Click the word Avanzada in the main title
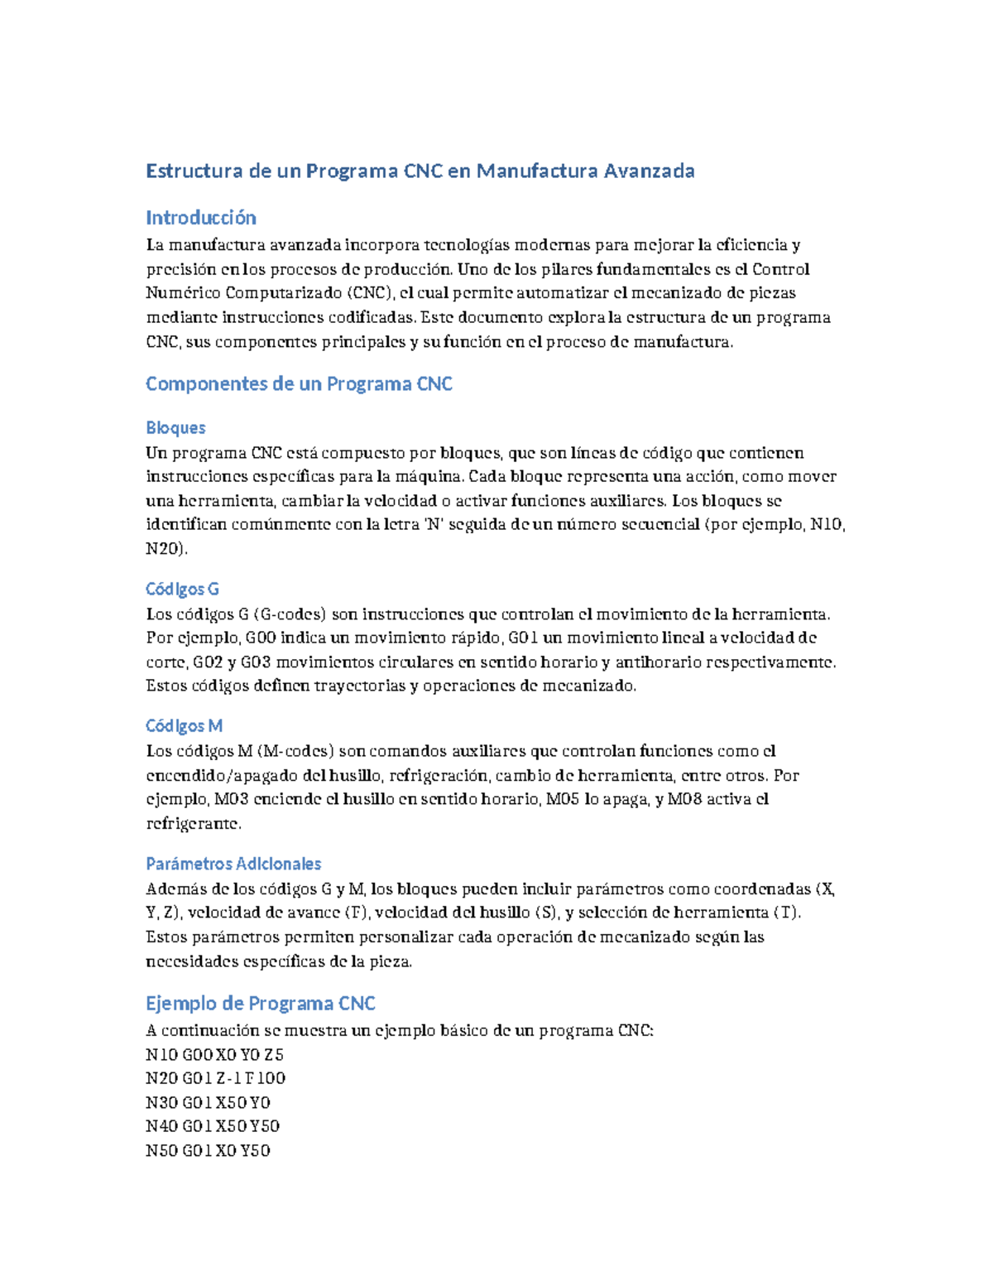648,171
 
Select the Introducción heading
201,218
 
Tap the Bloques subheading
175,428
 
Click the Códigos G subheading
182,590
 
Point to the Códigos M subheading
184,726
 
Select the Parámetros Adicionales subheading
233,864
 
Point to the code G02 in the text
207,662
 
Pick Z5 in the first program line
274,1055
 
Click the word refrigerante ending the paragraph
194,824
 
